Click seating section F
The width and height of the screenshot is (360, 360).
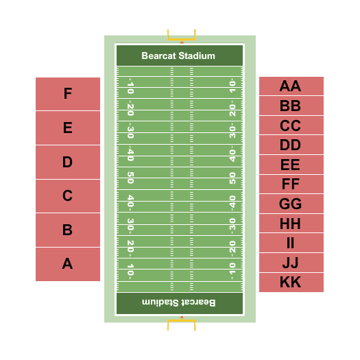tap(68, 94)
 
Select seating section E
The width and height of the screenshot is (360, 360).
tap(68, 128)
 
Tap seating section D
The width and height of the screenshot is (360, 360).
tap(68, 162)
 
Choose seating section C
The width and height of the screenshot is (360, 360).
tap(68, 196)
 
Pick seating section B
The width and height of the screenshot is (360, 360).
tap(68, 230)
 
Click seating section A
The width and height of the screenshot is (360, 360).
tap(68, 264)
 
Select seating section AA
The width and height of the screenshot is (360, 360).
tap(291, 86)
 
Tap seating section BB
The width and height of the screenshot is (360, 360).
tap(291, 106)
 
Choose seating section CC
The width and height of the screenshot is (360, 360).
tap(291, 125)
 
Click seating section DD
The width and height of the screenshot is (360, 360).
tap(291, 145)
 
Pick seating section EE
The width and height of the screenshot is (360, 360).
tap(291, 165)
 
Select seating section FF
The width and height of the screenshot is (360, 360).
tap(291, 184)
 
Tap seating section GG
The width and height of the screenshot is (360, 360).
tap(291, 204)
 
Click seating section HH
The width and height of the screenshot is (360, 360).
tap(291, 224)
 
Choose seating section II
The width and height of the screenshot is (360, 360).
tap(291, 243)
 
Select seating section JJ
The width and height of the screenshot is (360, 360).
tap(291, 263)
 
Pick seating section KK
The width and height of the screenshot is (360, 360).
tap(291, 283)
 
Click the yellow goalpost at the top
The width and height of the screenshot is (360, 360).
tap(182, 39)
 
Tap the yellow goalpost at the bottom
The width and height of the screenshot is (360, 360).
tap(182, 320)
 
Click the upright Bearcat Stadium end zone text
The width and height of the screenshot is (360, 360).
tap(178, 56)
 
